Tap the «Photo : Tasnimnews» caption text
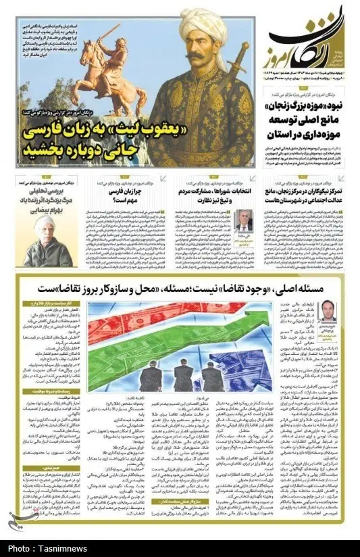(x=41, y=549)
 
